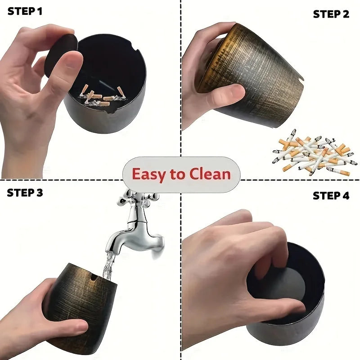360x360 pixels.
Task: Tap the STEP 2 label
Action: point(331,14)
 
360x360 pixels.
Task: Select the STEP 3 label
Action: point(25,193)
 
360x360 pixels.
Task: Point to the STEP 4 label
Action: point(331,196)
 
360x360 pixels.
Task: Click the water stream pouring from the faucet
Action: point(108,265)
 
